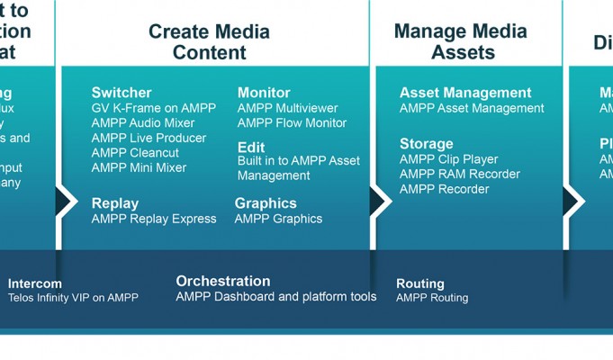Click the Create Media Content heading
pyautogui.click(x=209, y=41)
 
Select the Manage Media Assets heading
pyautogui.click(x=460, y=41)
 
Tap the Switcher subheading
pyautogui.click(x=122, y=93)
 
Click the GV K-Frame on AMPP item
pyautogui.click(x=154, y=108)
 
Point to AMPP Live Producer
pyautogui.click(x=149, y=138)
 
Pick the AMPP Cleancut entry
pyautogui.click(x=135, y=153)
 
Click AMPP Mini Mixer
pyautogui.click(x=139, y=167)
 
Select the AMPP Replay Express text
pyautogui.click(x=154, y=219)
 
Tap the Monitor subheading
pyautogui.click(x=264, y=93)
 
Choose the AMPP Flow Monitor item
pyautogui.click(x=292, y=123)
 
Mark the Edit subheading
pyautogui.click(x=251, y=147)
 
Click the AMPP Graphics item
pyautogui.click(x=278, y=219)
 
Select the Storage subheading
pyautogui.click(x=426, y=144)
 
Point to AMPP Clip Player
pyautogui.click(x=448, y=159)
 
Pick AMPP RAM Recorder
pyautogui.click(x=458, y=174)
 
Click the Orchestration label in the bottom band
pyautogui.click(x=222, y=281)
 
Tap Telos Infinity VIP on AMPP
pyautogui.click(x=73, y=297)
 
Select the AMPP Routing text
pyautogui.click(x=431, y=298)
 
